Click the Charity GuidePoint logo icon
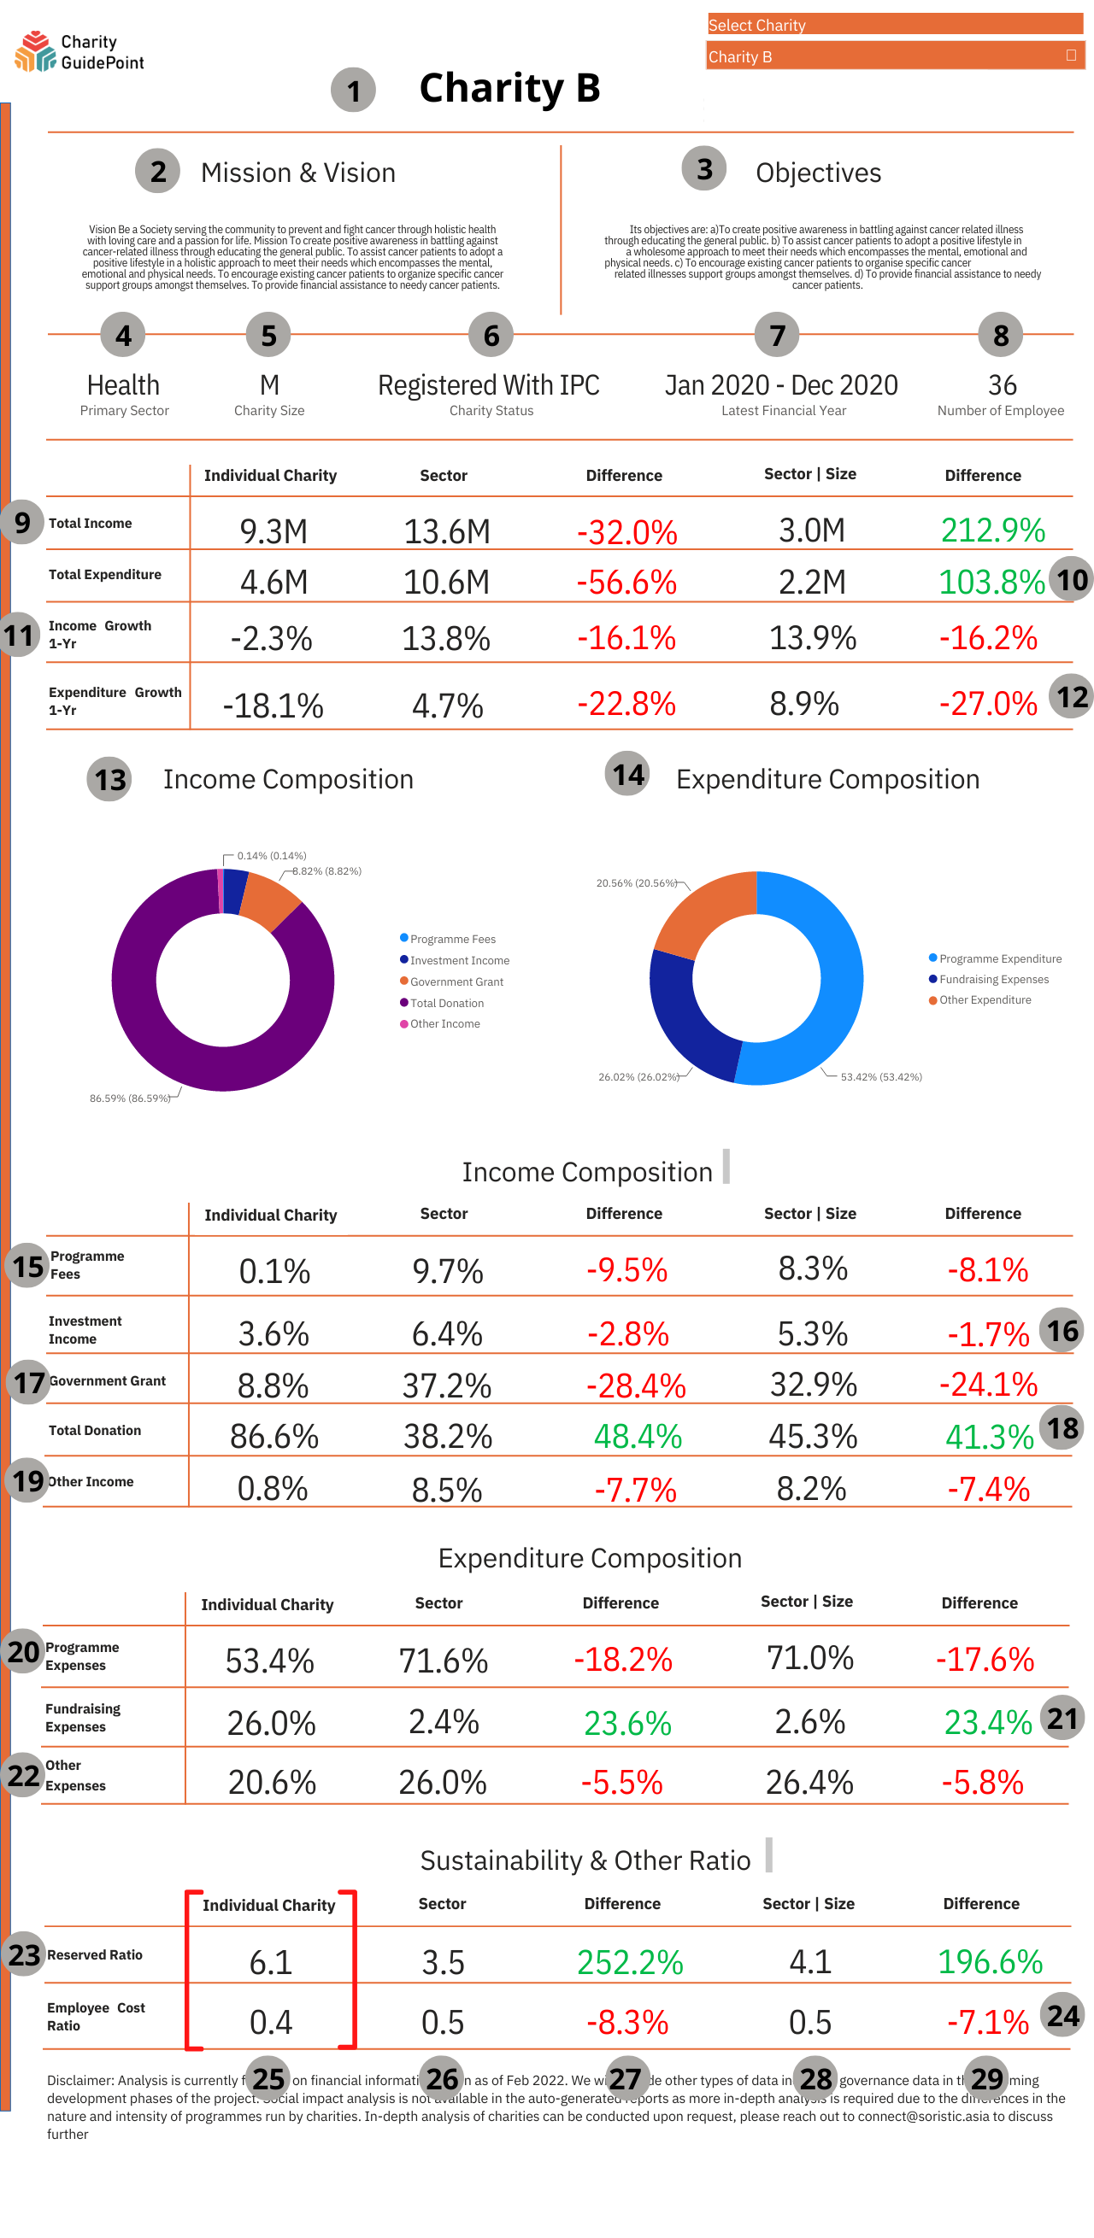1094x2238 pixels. [x=36, y=51]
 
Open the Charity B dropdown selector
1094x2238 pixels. [x=894, y=56]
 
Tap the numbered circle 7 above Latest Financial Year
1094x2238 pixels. [x=777, y=336]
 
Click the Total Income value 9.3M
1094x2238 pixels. [x=273, y=530]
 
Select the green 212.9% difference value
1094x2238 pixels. [x=992, y=530]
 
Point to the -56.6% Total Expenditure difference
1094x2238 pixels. [x=626, y=582]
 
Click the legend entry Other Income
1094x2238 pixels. [x=444, y=1024]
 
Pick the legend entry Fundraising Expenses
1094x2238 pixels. [x=993, y=980]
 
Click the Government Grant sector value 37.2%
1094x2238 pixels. [x=446, y=1385]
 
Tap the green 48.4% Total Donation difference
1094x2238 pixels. [x=637, y=1436]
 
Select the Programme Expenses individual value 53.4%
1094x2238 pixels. [x=269, y=1661]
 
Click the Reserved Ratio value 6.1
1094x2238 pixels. [x=270, y=1963]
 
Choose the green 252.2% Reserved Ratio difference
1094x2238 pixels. [x=630, y=1963]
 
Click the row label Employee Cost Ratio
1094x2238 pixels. [x=96, y=2017]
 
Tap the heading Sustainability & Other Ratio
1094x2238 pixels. [x=585, y=1861]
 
